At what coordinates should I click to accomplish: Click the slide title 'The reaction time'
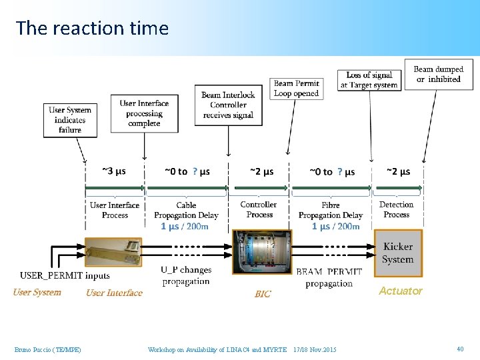point(92,28)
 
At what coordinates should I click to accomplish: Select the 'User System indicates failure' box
point(70,120)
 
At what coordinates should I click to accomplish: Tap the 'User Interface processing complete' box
point(144,113)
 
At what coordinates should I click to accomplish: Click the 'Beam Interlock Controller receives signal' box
point(228,105)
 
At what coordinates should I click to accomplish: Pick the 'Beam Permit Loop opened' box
point(296,88)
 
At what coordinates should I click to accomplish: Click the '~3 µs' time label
point(113,171)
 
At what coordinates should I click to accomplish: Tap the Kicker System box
point(398,253)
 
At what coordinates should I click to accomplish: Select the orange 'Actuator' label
point(400,291)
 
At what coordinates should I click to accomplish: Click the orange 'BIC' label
point(263,294)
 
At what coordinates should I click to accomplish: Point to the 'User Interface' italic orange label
point(114,293)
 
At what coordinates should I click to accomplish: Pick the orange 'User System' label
point(37,292)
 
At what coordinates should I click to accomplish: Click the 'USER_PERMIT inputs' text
point(65,275)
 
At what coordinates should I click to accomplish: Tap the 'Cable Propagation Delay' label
point(186,210)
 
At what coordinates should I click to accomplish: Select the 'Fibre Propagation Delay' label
point(330,210)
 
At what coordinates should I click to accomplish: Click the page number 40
point(459,349)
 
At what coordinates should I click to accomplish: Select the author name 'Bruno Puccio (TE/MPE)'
point(47,349)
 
